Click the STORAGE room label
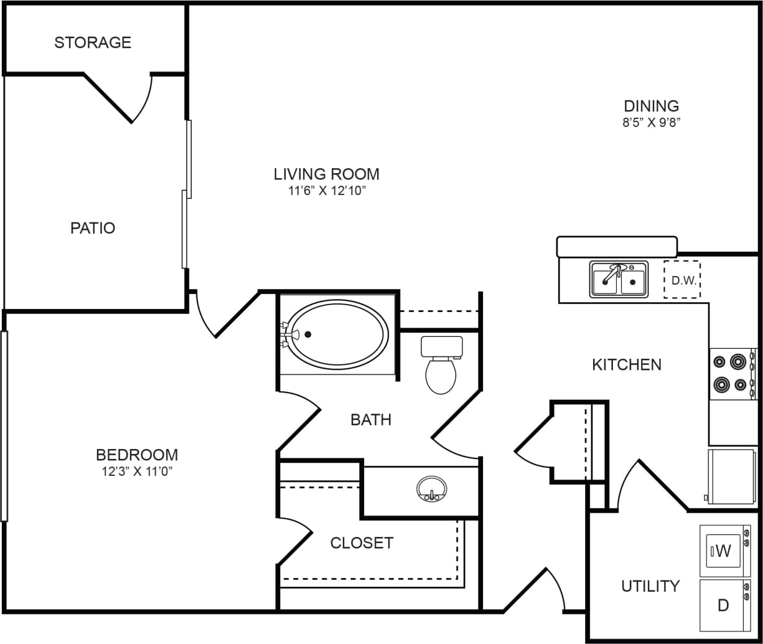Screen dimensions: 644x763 (x=93, y=42)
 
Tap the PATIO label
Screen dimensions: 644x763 (x=93, y=228)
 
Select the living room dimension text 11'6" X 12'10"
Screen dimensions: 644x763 (x=326, y=191)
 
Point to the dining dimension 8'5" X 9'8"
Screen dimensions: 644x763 (x=651, y=123)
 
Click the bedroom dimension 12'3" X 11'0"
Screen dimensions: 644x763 (x=137, y=471)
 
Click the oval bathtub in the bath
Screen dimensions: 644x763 (x=339, y=334)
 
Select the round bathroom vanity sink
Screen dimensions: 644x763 (x=431, y=488)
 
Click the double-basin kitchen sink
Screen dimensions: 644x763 (x=619, y=279)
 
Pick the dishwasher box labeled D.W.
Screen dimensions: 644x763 (x=682, y=280)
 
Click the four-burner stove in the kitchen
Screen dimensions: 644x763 (x=733, y=373)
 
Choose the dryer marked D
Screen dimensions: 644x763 (x=723, y=605)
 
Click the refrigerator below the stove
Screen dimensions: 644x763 (x=731, y=476)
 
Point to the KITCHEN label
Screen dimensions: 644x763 (x=626, y=364)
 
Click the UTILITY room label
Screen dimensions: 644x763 (x=650, y=586)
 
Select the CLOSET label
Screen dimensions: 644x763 (x=362, y=543)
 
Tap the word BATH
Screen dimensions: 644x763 (x=371, y=420)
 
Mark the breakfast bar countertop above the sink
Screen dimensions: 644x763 (x=617, y=247)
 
